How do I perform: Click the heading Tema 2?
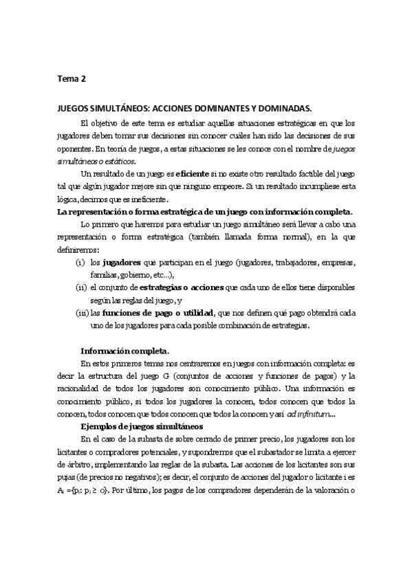71,78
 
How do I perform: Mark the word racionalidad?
79,388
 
